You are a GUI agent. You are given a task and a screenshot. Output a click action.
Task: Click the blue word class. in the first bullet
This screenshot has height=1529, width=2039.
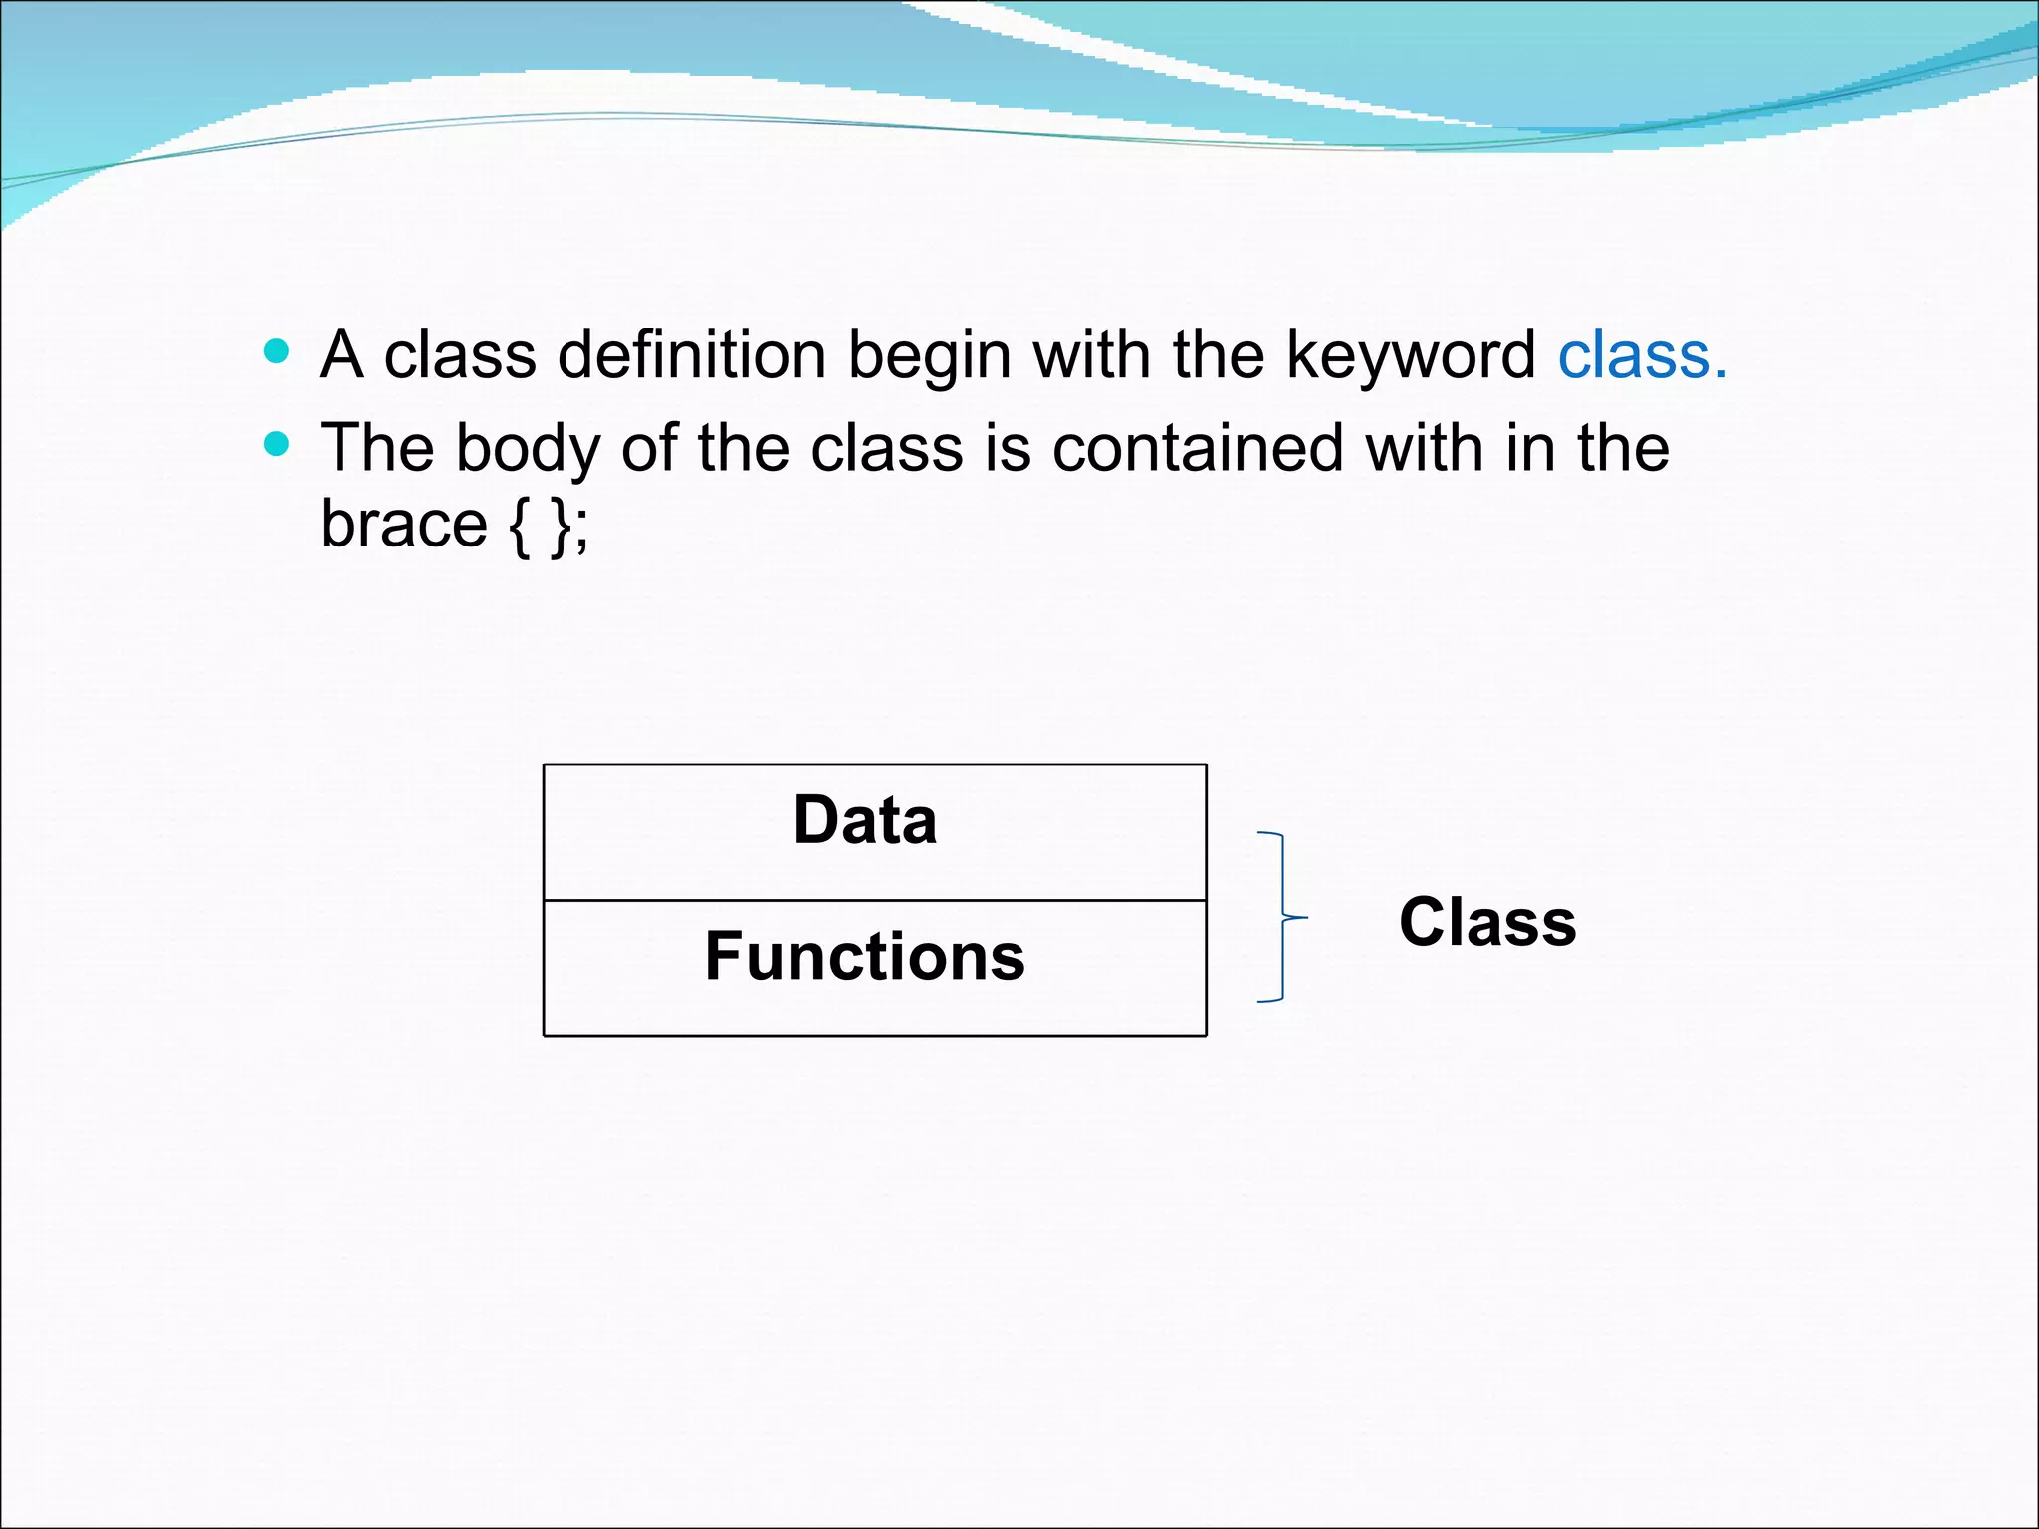pos(1642,355)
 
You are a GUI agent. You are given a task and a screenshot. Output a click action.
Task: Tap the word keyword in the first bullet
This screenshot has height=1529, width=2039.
pos(1411,355)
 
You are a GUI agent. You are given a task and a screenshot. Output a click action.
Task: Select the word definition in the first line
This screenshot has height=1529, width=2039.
pos(692,355)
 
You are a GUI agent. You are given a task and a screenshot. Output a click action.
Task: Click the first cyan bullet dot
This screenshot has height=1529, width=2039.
pos(277,350)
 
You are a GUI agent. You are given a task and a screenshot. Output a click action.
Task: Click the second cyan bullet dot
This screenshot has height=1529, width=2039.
pos(277,443)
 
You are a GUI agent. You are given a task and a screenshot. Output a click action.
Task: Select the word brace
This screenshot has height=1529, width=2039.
pos(403,524)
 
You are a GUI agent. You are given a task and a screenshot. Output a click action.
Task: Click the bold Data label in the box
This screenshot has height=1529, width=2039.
pos(864,820)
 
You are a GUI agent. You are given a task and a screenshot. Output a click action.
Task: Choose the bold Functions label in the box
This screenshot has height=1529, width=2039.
pos(864,956)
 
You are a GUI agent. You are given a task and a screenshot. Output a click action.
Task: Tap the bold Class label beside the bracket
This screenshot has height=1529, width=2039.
pos(1487,922)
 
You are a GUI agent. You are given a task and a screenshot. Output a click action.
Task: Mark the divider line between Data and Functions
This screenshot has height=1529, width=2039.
pos(874,900)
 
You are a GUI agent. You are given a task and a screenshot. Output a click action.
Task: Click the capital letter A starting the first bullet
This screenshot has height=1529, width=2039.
pos(340,355)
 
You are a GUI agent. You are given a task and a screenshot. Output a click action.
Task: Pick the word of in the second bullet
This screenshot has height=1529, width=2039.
pos(649,448)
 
